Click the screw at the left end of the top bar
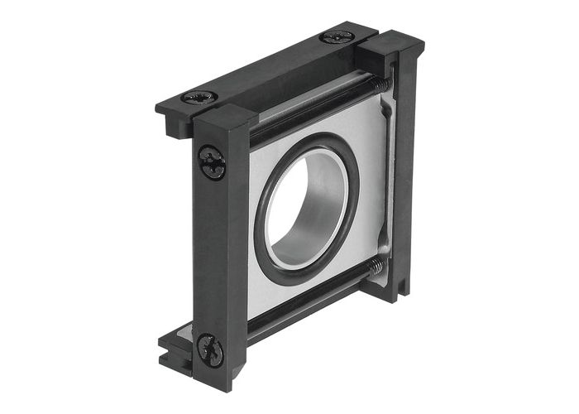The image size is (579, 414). pos(199,97)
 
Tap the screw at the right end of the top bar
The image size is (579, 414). pos(337,37)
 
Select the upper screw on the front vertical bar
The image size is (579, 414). pos(213,162)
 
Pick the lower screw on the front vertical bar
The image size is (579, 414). pos(210,350)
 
